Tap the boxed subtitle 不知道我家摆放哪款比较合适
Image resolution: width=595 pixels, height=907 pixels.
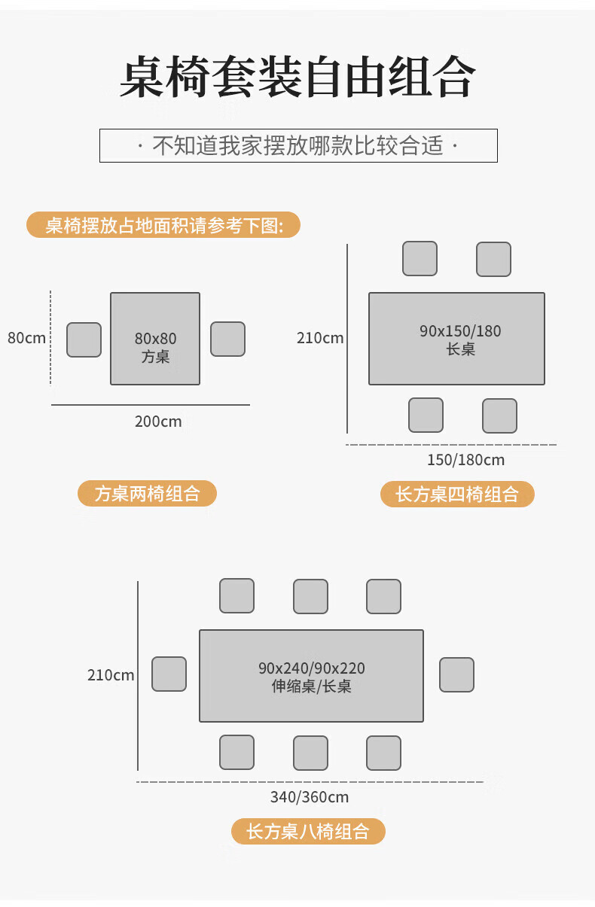(298, 145)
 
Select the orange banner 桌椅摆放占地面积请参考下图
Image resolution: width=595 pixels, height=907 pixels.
(163, 225)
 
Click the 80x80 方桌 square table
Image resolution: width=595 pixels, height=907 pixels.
(155, 339)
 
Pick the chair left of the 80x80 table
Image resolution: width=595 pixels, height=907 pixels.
(84, 339)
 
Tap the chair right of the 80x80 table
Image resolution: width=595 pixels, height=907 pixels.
(227, 339)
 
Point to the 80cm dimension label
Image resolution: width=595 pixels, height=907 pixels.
(26, 338)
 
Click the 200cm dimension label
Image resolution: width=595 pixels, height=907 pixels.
(158, 422)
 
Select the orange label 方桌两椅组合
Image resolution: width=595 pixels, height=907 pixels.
(147, 494)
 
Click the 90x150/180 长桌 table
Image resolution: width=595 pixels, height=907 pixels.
(456, 339)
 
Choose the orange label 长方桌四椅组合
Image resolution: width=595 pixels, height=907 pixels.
(457, 495)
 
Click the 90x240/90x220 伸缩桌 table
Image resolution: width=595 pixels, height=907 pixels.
(311, 676)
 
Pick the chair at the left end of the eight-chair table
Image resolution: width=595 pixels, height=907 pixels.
(169, 674)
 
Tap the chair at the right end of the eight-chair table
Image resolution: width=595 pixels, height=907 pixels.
(456, 674)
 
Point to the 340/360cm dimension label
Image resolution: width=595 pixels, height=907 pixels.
(310, 797)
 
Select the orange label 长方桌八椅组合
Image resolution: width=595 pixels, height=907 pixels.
(308, 832)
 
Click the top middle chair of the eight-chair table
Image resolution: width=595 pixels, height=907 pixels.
(310, 596)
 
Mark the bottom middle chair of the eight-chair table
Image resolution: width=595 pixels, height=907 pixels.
(310, 753)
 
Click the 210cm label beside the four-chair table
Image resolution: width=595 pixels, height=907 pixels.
(320, 338)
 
